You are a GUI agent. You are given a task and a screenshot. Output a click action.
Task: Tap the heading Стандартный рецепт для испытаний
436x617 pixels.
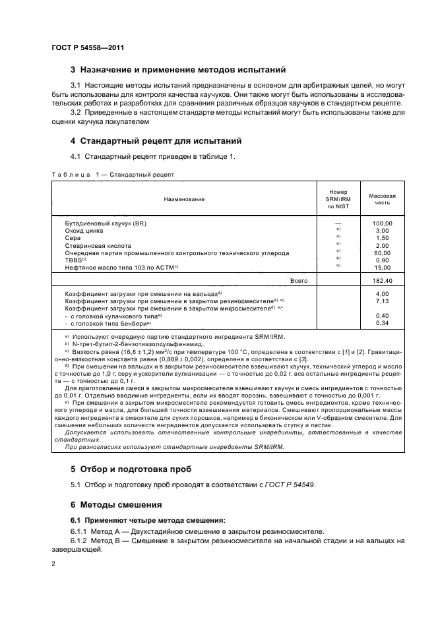coord(156,141)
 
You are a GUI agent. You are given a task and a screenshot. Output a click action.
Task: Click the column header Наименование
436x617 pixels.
coord(185,198)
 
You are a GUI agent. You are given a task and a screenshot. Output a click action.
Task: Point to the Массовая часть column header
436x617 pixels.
coord(382,199)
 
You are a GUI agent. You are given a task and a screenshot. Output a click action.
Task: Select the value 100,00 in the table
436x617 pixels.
coord(382,223)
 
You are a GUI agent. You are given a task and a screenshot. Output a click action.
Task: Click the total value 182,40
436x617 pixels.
coord(382,280)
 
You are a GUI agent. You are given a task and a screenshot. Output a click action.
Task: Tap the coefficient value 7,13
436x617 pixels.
coord(382,301)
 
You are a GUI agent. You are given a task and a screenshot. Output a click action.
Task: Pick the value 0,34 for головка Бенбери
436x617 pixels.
coord(382,322)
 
